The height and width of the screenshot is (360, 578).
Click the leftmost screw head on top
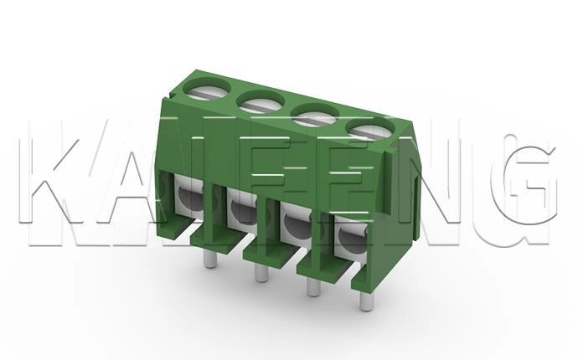pyautogui.click(x=207, y=90)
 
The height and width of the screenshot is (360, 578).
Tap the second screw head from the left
pyautogui.click(x=262, y=103)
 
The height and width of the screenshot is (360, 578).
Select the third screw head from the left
pyautogui.click(x=316, y=116)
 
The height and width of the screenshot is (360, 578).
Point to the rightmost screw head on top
pyautogui.click(x=370, y=130)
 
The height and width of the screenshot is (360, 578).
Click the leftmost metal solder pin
pyautogui.click(x=209, y=260)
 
